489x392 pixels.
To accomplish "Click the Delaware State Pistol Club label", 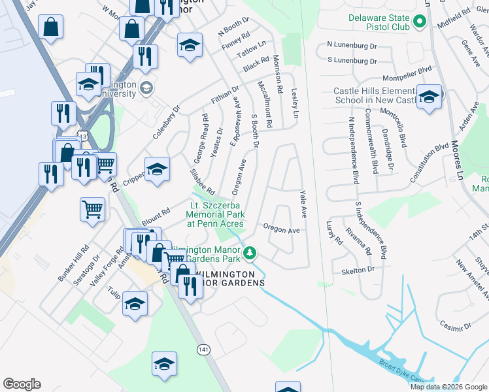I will click(x=379, y=23).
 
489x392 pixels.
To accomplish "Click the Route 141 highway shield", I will click(x=203, y=350).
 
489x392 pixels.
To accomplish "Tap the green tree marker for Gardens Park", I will click(x=250, y=253).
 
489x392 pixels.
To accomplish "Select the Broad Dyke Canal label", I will click(x=405, y=372).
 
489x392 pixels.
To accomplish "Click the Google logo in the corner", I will click(x=22, y=384).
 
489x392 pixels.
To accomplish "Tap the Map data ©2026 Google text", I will click(x=448, y=387).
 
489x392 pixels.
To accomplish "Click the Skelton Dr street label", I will click(x=358, y=269).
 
